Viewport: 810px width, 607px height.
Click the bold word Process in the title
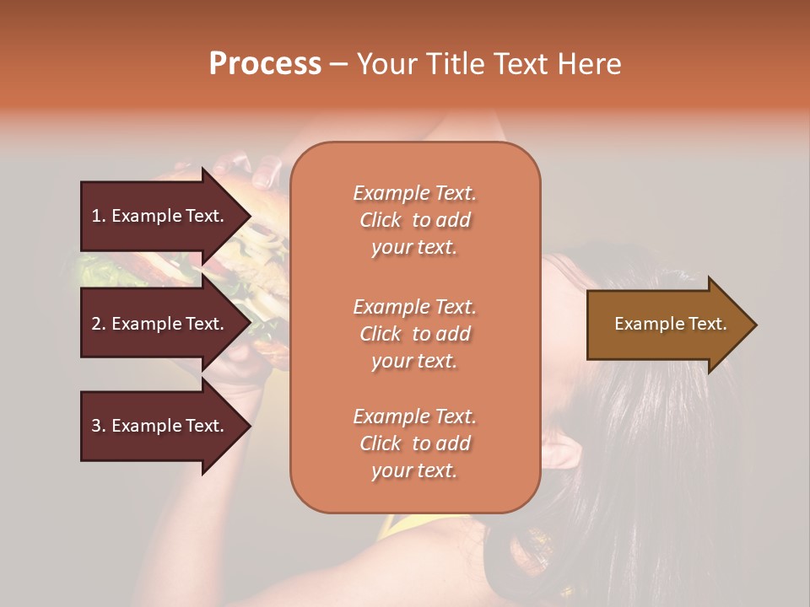pos(265,63)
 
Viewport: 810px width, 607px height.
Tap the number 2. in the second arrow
pos(99,324)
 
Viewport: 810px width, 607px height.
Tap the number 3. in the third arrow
pos(99,426)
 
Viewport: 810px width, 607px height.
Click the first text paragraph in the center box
pos(414,220)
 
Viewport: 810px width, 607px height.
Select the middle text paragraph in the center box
pos(414,334)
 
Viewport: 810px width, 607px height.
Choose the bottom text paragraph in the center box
pos(414,443)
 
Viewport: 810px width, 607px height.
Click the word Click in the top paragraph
pos(381,220)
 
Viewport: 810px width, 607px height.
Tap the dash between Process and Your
pos(338,64)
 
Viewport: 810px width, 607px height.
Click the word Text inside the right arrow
pos(709,324)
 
